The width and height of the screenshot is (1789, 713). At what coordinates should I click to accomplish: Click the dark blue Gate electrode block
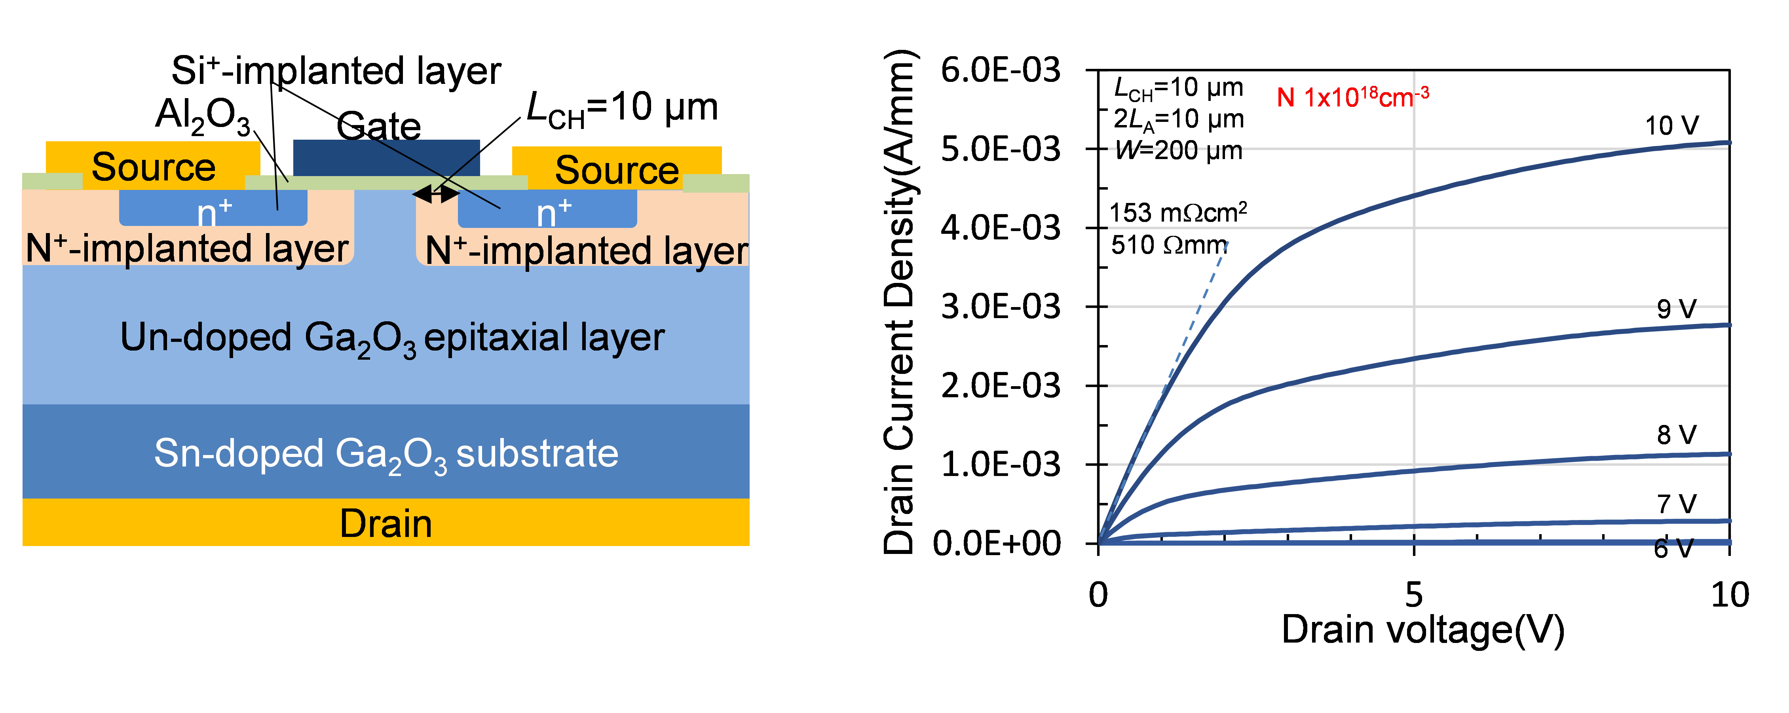[386, 157]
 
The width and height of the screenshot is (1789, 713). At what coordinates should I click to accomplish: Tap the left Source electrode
[153, 165]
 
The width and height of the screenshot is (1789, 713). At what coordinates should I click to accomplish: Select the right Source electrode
[617, 168]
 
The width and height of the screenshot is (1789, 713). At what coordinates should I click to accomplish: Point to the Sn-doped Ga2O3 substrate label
[386, 455]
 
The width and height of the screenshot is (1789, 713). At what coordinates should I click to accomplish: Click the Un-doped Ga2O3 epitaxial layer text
[392, 339]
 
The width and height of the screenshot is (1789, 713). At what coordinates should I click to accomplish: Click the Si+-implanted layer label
[336, 71]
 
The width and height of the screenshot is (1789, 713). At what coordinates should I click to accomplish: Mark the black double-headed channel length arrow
[436, 194]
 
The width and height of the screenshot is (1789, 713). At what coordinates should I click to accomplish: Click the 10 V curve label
[1671, 126]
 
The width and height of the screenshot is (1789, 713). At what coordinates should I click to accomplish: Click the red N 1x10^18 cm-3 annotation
[1353, 97]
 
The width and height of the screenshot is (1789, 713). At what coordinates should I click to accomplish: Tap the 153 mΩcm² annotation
[1178, 212]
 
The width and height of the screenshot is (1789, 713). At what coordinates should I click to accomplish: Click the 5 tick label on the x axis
[1414, 595]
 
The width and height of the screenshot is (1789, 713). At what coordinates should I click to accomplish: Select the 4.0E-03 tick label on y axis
[1001, 228]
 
